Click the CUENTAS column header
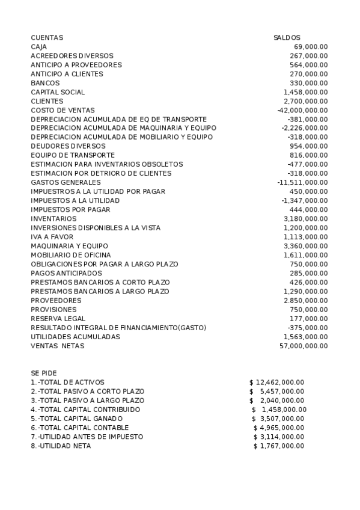[x=47, y=37]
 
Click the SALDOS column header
[x=287, y=37]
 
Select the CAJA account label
[x=39, y=46]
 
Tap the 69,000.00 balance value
[x=311, y=46]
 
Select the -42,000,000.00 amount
[x=302, y=110]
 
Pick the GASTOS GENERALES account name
[x=66, y=182]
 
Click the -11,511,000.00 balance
[x=302, y=182]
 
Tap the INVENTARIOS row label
[x=53, y=218]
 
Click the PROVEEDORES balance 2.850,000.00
[x=305, y=300]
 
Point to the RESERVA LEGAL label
[x=58, y=318]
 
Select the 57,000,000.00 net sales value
[x=304, y=346]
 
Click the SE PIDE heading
[x=44, y=373]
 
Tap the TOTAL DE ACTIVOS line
[x=67, y=382]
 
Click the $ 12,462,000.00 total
[x=276, y=382]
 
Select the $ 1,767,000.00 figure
[x=279, y=446]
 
